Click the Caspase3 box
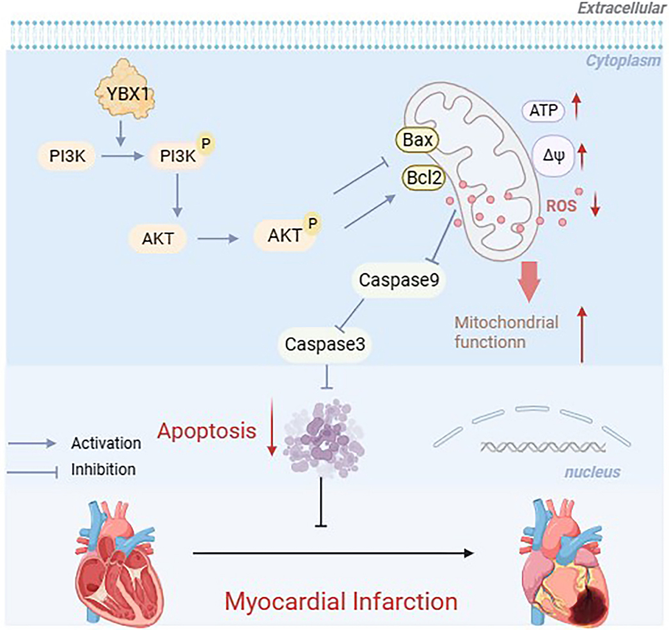(x=325, y=344)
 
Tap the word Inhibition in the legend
(x=104, y=469)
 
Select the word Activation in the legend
(x=106, y=443)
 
